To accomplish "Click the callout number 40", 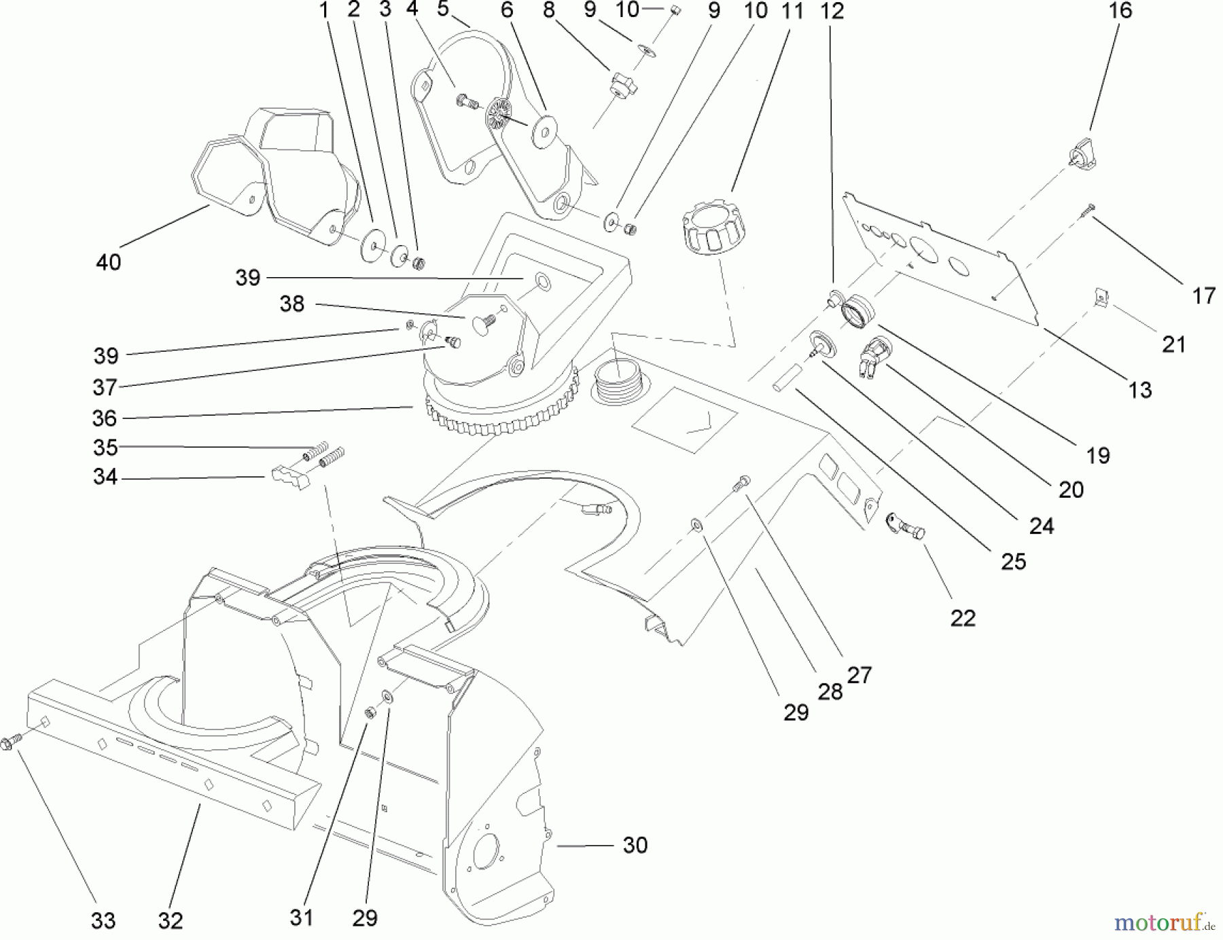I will (x=109, y=262).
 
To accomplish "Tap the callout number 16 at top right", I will (x=1120, y=10).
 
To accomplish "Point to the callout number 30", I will (x=635, y=845).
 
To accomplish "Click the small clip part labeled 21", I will (x=1101, y=297).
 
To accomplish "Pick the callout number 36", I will (x=105, y=418).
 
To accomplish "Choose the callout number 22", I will (x=963, y=618).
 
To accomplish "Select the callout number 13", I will (x=1140, y=390).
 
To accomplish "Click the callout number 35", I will (x=105, y=448).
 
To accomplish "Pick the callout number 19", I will (x=1098, y=455).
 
